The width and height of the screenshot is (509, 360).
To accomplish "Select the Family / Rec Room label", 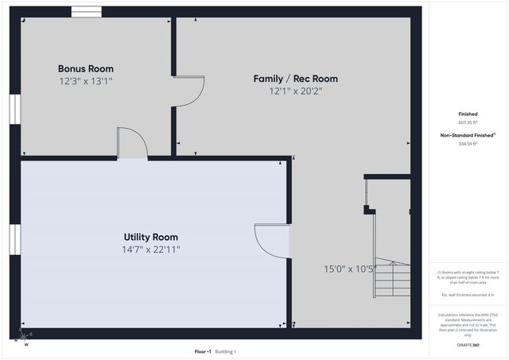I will pyautogui.click(x=295, y=79).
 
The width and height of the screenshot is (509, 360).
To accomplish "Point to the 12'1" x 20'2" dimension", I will pyautogui.click(x=295, y=91).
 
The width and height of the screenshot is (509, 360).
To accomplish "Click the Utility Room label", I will pyautogui.click(x=150, y=237).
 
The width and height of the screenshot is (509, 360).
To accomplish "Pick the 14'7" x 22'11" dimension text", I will pyautogui.click(x=150, y=250).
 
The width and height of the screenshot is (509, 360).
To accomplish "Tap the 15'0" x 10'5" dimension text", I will pyautogui.click(x=349, y=269).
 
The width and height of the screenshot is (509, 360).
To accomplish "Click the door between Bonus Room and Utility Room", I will pyautogui.click(x=132, y=144).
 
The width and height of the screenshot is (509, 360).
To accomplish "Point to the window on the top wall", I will pyautogui.click(x=86, y=11).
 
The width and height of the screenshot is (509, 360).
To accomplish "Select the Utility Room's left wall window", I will pyautogui.click(x=14, y=238).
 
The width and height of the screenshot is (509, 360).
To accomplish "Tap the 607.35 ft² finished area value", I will pyautogui.click(x=468, y=123).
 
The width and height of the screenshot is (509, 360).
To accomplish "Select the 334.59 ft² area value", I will pyautogui.click(x=468, y=144).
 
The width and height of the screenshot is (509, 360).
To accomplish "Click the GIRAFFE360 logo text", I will pyautogui.click(x=468, y=345).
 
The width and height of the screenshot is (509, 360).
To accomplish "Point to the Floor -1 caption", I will pyautogui.click(x=204, y=350).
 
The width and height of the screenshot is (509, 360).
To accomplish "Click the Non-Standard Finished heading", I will pyautogui.click(x=468, y=135).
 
